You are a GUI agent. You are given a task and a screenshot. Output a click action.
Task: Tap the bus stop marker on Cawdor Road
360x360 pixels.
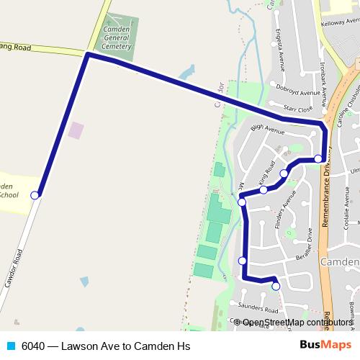[35, 194]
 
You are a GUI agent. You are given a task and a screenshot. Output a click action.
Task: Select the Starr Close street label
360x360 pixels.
[297, 109]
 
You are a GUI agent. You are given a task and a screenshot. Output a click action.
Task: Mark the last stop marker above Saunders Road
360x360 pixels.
[276, 287]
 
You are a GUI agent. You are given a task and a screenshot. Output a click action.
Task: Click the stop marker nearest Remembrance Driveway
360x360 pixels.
[318, 158]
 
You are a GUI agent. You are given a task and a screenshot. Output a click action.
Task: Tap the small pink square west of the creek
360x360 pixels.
[76, 130]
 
